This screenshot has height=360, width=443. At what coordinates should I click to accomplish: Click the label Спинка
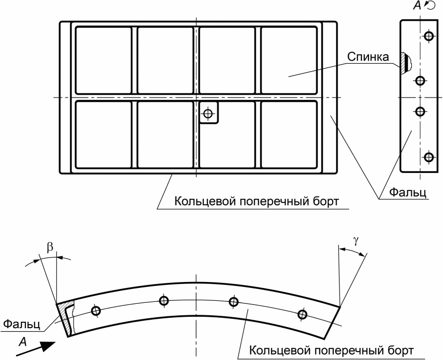(368, 57)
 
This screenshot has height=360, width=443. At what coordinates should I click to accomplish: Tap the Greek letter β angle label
(50, 247)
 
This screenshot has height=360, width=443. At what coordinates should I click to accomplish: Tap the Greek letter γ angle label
(356, 240)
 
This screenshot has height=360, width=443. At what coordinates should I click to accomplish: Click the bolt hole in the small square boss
(208, 113)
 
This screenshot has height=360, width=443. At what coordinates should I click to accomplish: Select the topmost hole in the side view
(429, 36)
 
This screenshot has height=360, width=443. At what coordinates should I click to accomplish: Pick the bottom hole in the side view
(429, 157)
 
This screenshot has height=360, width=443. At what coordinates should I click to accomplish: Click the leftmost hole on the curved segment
(96, 311)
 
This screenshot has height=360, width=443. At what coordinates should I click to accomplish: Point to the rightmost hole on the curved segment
(302, 314)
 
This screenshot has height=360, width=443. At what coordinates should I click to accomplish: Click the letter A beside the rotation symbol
(417, 5)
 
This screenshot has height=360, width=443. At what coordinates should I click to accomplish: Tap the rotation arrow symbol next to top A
(430, 5)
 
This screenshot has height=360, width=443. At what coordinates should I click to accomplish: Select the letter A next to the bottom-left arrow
(22, 342)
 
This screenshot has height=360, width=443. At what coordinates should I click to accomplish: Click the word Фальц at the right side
(408, 192)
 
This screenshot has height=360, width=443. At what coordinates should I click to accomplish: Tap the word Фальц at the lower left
(22, 324)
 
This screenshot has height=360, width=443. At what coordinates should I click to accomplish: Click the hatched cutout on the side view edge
(405, 63)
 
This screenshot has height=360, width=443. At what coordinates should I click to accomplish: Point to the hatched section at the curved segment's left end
(67, 318)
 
